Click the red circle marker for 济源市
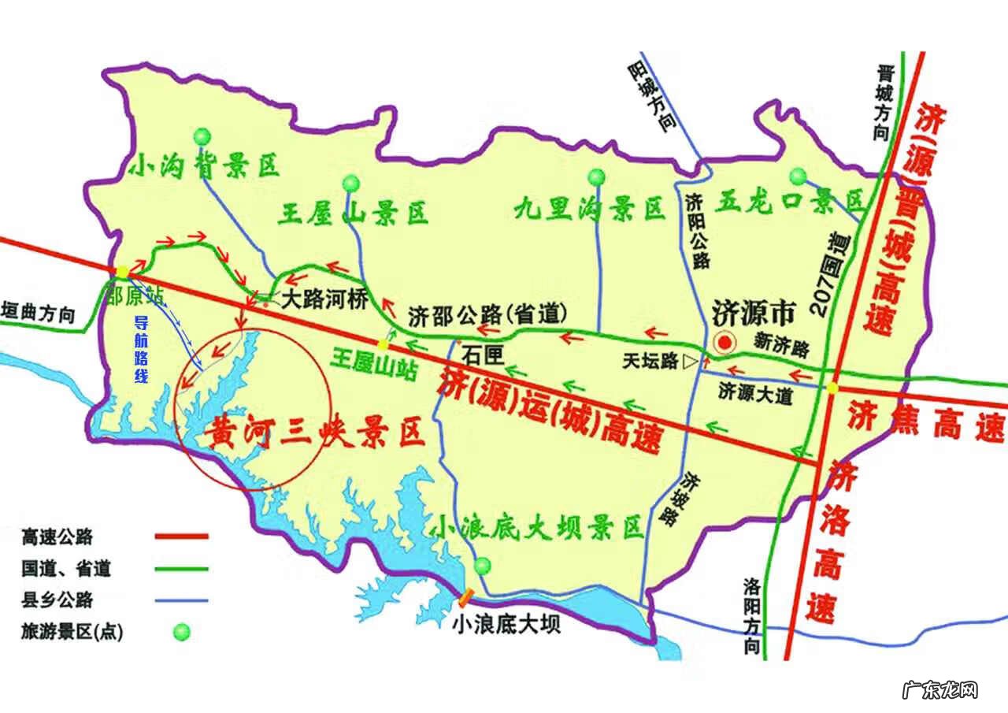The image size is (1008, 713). [723, 343]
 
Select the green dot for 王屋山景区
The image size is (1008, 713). [351, 184]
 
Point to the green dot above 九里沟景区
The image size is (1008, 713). [596, 176]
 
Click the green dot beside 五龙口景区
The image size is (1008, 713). [799, 175]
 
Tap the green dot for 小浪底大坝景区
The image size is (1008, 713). [483, 564]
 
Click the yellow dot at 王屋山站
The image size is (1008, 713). [383, 344]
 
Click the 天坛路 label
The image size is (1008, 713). [650, 362]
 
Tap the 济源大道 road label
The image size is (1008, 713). [756, 395]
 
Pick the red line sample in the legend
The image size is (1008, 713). [181, 537]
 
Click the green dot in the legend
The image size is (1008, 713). [182, 631]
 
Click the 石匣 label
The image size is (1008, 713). [483, 355]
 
